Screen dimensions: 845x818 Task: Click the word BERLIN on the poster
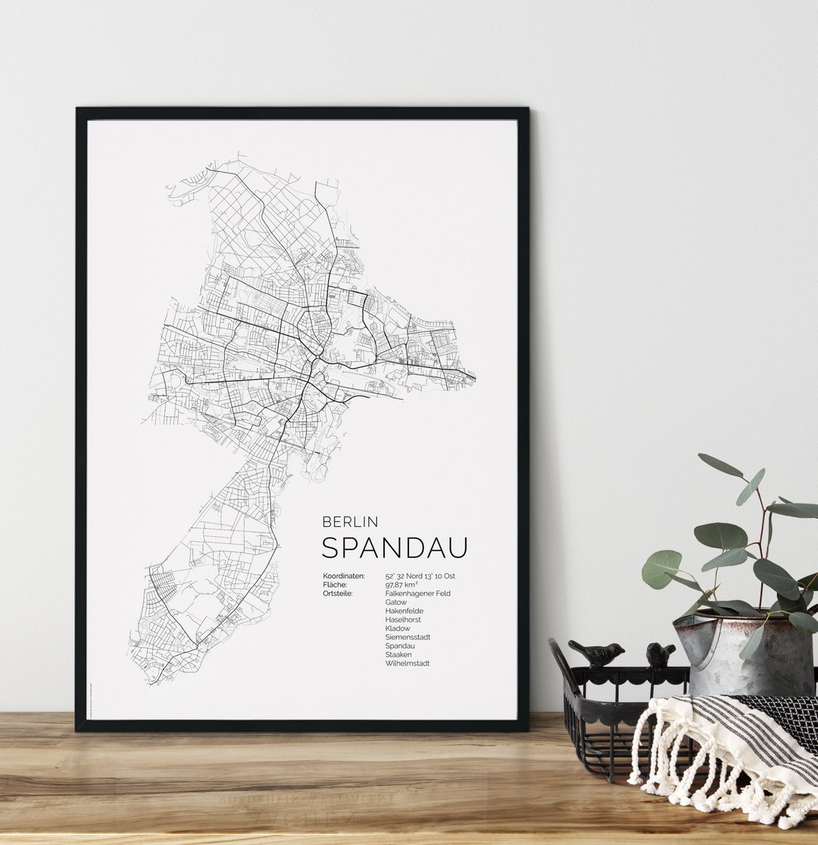point(350,522)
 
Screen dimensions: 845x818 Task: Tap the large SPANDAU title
point(395,547)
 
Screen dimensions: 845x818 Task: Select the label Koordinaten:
point(343,576)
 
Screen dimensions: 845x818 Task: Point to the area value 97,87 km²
point(401,585)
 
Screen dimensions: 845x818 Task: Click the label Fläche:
point(335,585)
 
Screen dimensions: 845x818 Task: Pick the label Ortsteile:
point(338,594)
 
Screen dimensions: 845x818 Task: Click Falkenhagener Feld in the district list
point(417,594)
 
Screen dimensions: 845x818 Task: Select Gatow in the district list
point(395,603)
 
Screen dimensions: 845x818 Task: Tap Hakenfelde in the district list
point(404,611)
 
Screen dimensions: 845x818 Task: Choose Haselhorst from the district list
point(402,619)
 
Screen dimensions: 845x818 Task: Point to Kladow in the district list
point(397,628)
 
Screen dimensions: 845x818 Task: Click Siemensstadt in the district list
point(407,638)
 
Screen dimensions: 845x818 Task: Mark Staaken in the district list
point(398,655)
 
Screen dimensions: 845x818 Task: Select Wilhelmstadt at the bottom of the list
point(407,663)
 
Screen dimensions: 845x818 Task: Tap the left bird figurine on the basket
point(597,653)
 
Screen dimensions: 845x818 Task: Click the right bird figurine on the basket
point(660,653)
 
